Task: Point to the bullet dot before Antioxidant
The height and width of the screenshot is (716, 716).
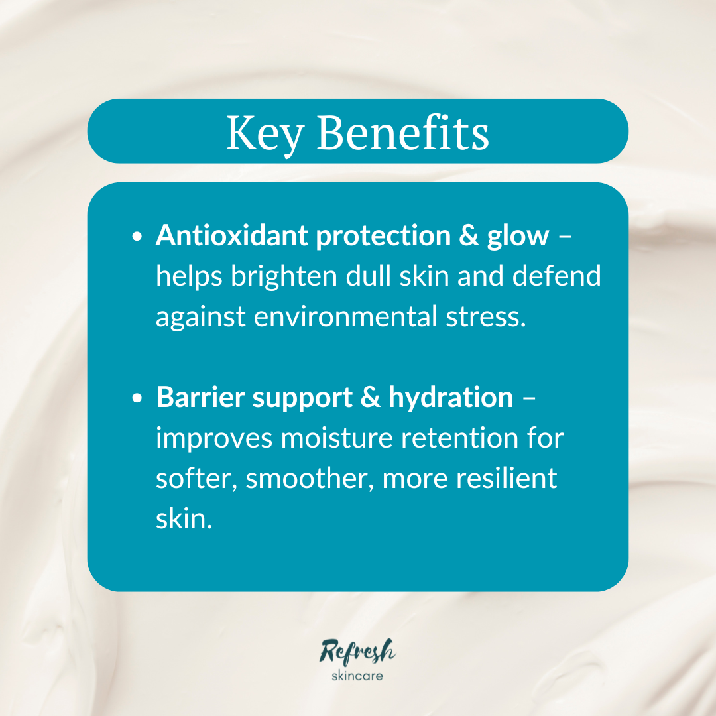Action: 137,237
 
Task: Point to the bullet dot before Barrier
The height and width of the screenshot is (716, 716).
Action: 137,398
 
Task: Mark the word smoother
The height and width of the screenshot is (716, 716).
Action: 310,479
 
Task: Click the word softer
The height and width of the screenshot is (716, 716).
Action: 197,479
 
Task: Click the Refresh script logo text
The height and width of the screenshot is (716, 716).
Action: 358,651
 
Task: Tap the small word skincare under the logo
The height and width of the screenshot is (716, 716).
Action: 357,676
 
